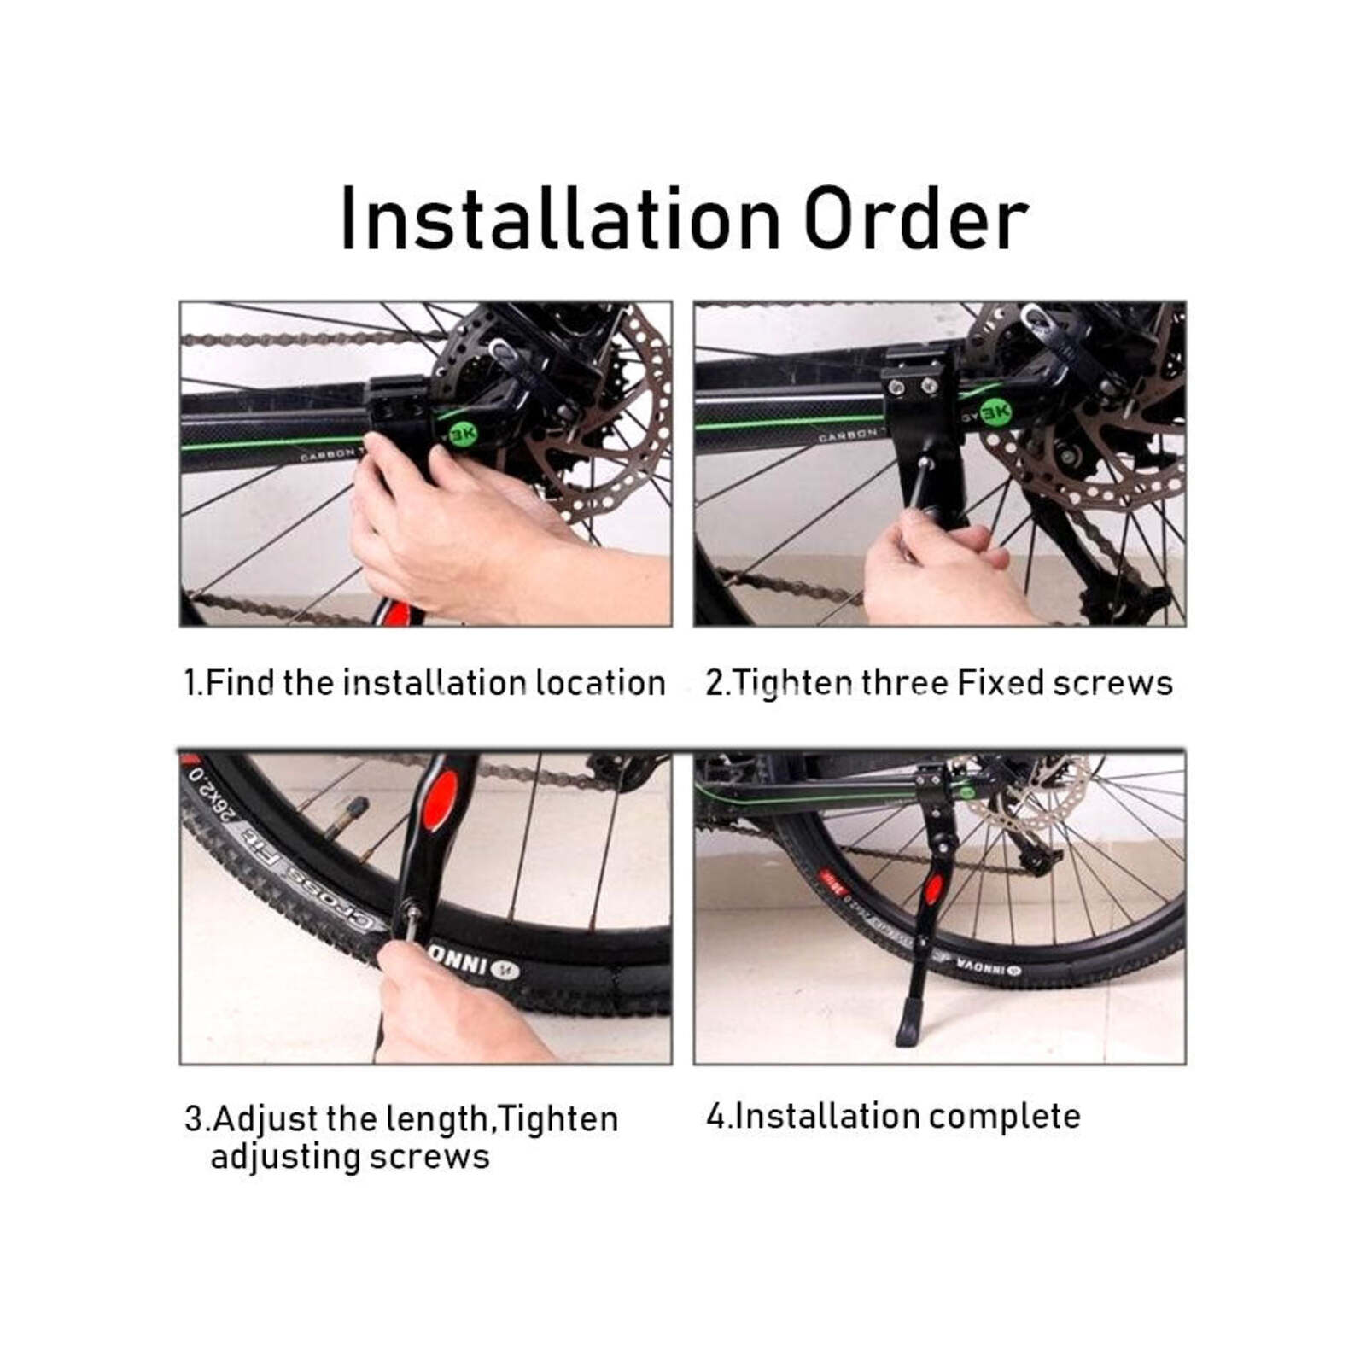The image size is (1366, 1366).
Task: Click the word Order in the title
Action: (x=915, y=219)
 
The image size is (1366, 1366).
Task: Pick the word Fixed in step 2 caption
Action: (x=1001, y=683)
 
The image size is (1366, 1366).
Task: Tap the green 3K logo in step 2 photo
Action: (x=995, y=413)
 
